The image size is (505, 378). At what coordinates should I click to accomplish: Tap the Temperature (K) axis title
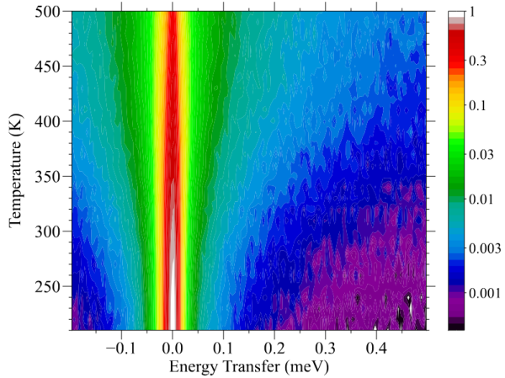[x=14, y=173]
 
